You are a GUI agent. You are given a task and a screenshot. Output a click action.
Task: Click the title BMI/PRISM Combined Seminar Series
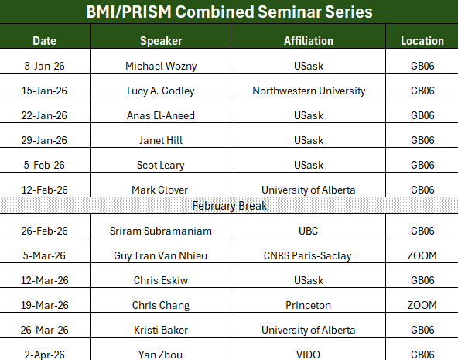[229, 12]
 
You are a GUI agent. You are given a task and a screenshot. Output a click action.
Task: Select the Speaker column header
[160, 40]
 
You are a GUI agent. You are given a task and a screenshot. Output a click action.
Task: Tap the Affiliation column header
[308, 40]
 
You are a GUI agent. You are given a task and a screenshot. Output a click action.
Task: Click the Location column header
[422, 40]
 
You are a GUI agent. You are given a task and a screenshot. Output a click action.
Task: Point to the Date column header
[45, 40]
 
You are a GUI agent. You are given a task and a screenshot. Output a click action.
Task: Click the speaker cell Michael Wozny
[160, 66]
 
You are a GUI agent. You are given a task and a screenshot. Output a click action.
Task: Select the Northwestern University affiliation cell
[308, 91]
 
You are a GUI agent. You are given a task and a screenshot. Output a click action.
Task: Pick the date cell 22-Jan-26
[45, 115]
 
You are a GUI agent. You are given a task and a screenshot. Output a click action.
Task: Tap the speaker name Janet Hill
[160, 140]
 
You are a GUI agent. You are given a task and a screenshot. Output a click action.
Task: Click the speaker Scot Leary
[160, 165]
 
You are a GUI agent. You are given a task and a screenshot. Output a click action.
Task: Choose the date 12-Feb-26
[45, 190]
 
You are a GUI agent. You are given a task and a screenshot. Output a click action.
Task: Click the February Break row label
[229, 207]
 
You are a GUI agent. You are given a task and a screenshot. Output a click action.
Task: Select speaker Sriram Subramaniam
[160, 231]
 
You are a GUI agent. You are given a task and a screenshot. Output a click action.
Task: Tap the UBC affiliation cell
[308, 231]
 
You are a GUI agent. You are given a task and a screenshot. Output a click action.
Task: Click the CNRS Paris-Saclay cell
[308, 255]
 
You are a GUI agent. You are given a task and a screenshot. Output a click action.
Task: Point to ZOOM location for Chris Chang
[422, 305]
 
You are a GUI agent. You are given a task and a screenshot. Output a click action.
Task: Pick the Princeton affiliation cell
[308, 305]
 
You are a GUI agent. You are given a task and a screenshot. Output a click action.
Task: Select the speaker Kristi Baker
[160, 330]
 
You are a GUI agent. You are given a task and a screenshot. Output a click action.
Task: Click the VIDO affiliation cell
[308, 354]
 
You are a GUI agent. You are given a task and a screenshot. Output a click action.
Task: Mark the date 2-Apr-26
[45, 354]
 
